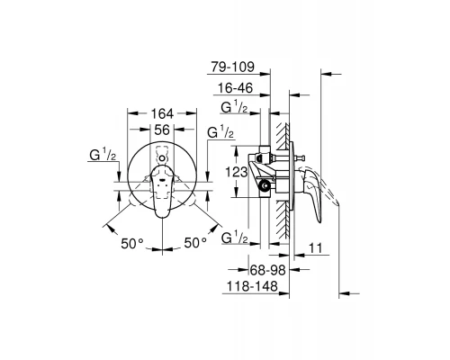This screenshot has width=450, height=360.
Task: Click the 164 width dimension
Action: (161, 114)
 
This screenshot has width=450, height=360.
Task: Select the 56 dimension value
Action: (161, 130)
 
